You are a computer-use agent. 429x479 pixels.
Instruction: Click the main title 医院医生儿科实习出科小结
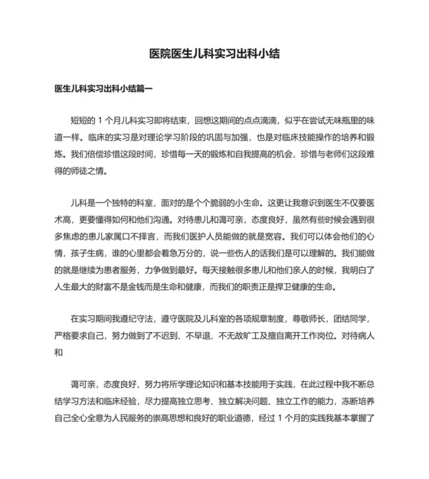[x=214, y=54]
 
